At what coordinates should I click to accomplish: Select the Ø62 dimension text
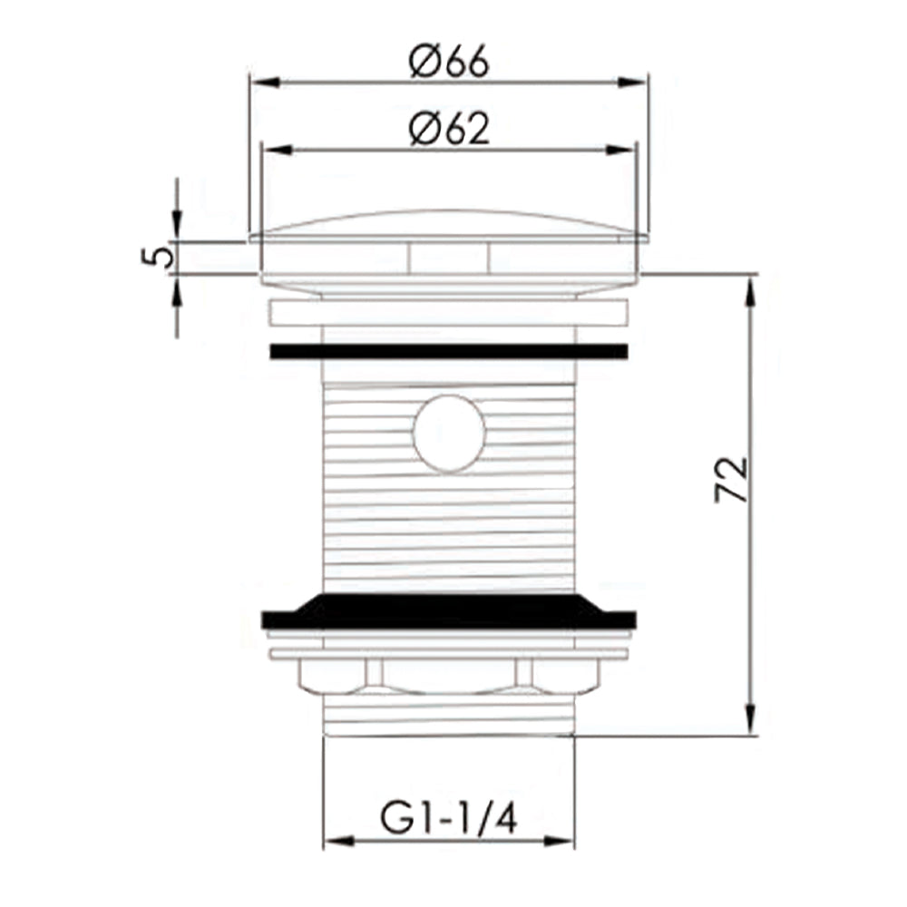449,131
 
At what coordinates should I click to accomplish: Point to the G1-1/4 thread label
449,821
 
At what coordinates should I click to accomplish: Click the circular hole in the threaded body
449,433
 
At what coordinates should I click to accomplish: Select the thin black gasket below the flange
449,351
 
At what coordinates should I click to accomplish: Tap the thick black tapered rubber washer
449,611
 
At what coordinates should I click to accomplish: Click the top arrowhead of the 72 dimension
750,286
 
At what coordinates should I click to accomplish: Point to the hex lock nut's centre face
449,676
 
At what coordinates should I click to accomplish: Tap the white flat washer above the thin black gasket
449,313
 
